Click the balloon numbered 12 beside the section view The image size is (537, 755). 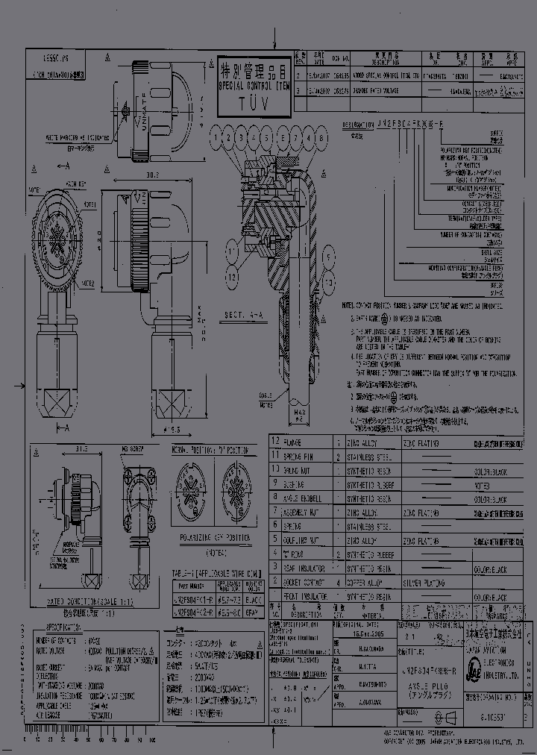(x=233, y=276)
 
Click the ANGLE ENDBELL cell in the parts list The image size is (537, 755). (x=305, y=499)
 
